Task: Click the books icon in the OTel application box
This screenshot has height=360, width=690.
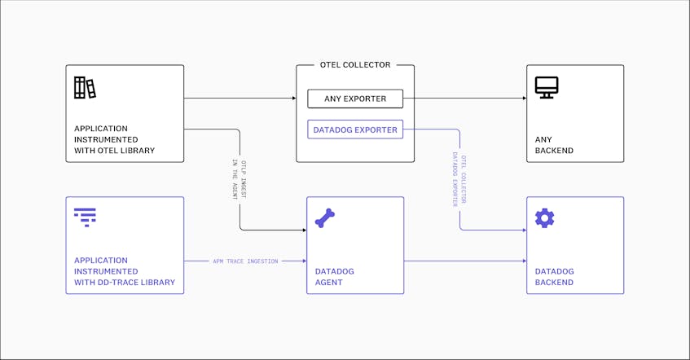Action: point(85,88)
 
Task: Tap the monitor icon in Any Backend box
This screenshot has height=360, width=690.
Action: point(547,88)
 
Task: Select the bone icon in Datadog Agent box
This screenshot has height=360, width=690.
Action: point(325,218)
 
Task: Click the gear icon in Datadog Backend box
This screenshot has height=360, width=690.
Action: point(545,218)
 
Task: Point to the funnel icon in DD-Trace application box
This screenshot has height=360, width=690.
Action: point(85,217)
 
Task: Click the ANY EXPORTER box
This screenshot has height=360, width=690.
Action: point(355,99)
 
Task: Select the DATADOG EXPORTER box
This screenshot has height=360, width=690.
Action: point(355,130)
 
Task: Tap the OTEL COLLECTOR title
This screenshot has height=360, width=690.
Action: point(355,64)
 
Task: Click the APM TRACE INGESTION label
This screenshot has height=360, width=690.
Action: point(245,261)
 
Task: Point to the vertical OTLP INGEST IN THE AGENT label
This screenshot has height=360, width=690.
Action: point(240,179)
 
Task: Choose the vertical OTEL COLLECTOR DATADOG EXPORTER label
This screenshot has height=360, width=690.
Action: point(459,179)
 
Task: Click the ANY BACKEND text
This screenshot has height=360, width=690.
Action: point(554,145)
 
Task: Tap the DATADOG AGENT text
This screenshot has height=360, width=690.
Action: point(335,277)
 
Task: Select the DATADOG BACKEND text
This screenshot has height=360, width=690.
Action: point(555,277)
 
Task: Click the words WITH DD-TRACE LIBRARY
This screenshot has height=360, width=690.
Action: point(125,282)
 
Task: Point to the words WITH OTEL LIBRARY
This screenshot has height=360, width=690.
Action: point(114,150)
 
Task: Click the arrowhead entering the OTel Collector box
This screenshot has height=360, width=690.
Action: point(294,98)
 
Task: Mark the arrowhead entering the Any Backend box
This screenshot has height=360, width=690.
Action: point(525,98)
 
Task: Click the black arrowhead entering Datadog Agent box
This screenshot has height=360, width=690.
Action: point(305,230)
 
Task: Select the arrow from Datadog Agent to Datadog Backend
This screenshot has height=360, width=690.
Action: point(465,261)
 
